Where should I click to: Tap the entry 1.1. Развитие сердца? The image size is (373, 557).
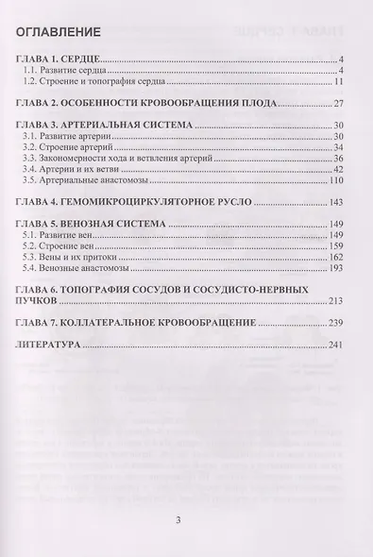(83, 71)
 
